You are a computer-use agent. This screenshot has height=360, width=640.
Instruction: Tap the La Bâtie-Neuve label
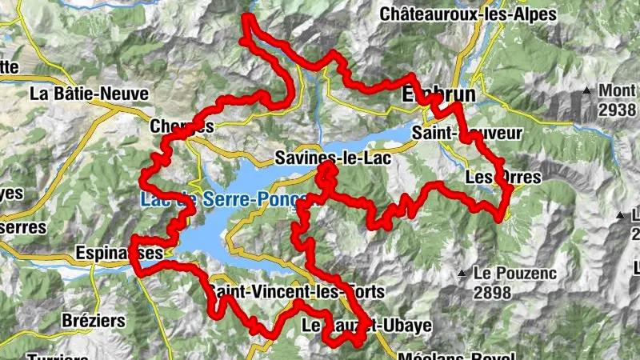(x=89, y=94)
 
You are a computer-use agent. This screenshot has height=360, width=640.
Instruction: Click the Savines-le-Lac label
(x=331, y=158)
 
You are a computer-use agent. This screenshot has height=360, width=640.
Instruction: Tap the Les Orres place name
(x=502, y=176)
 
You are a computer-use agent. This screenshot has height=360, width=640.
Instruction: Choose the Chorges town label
(x=182, y=126)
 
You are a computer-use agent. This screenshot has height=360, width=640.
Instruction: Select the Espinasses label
(x=119, y=253)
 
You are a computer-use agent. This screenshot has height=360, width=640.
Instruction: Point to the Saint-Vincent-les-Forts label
(x=296, y=292)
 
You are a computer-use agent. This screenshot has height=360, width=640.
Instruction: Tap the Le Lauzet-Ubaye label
(x=366, y=326)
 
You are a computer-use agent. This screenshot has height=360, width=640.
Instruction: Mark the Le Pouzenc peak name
(x=512, y=273)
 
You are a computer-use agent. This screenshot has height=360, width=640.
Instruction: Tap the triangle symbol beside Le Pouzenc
(x=462, y=274)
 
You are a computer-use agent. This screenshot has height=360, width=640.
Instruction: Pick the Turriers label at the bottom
(x=57, y=356)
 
